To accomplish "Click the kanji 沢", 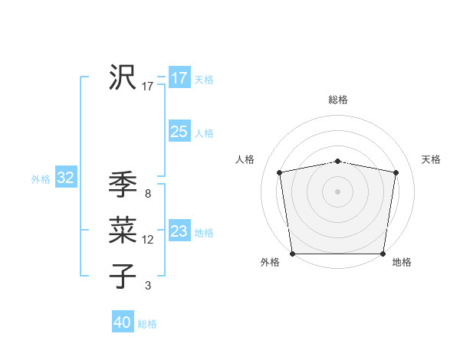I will (x=123, y=77).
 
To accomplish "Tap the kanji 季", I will (x=123, y=185).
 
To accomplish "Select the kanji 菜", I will (x=123, y=231).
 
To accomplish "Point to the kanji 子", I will (x=123, y=275).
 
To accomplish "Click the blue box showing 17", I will (x=179, y=78).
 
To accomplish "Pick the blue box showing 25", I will (x=179, y=132).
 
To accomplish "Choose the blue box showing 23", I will (x=179, y=231).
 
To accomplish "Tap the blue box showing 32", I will (x=65, y=178).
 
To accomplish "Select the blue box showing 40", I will (x=123, y=322).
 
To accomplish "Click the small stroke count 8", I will (x=148, y=194).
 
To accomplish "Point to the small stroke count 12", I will (x=148, y=240).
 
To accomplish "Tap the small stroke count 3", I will (x=148, y=286).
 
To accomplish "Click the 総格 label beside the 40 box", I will (x=147, y=324).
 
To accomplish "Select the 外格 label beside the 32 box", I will (x=41, y=179).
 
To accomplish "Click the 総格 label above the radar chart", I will (x=338, y=100).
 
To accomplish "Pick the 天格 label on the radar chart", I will (x=432, y=159).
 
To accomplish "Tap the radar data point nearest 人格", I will (x=280, y=172).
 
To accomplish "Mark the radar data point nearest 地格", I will (x=383, y=254).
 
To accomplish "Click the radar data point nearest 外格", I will (x=293, y=254).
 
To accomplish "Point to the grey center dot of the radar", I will (x=338, y=191).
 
